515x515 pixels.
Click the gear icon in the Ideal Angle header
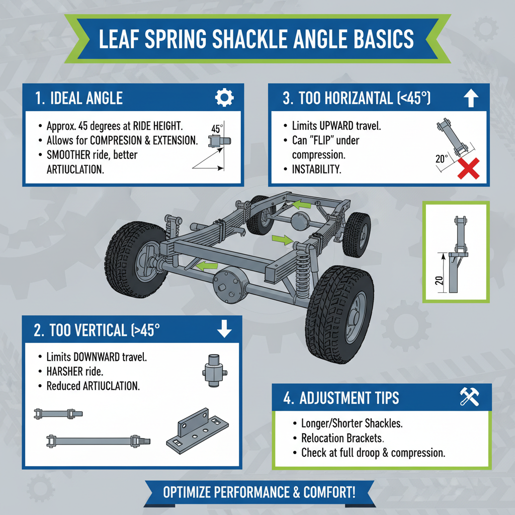tap(224, 98)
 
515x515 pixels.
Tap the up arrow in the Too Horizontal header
tap(470, 98)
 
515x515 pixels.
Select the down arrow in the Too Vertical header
tap(223, 330)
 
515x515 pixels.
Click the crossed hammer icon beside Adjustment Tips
tap(470, 397)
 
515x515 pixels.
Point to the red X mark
tap(468, 168)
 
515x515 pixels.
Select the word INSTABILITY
tap(316, 169)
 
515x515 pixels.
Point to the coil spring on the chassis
tap(303, 274)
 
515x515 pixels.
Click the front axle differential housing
tap(229, 285)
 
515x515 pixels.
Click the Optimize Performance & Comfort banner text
tap(259, 491)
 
